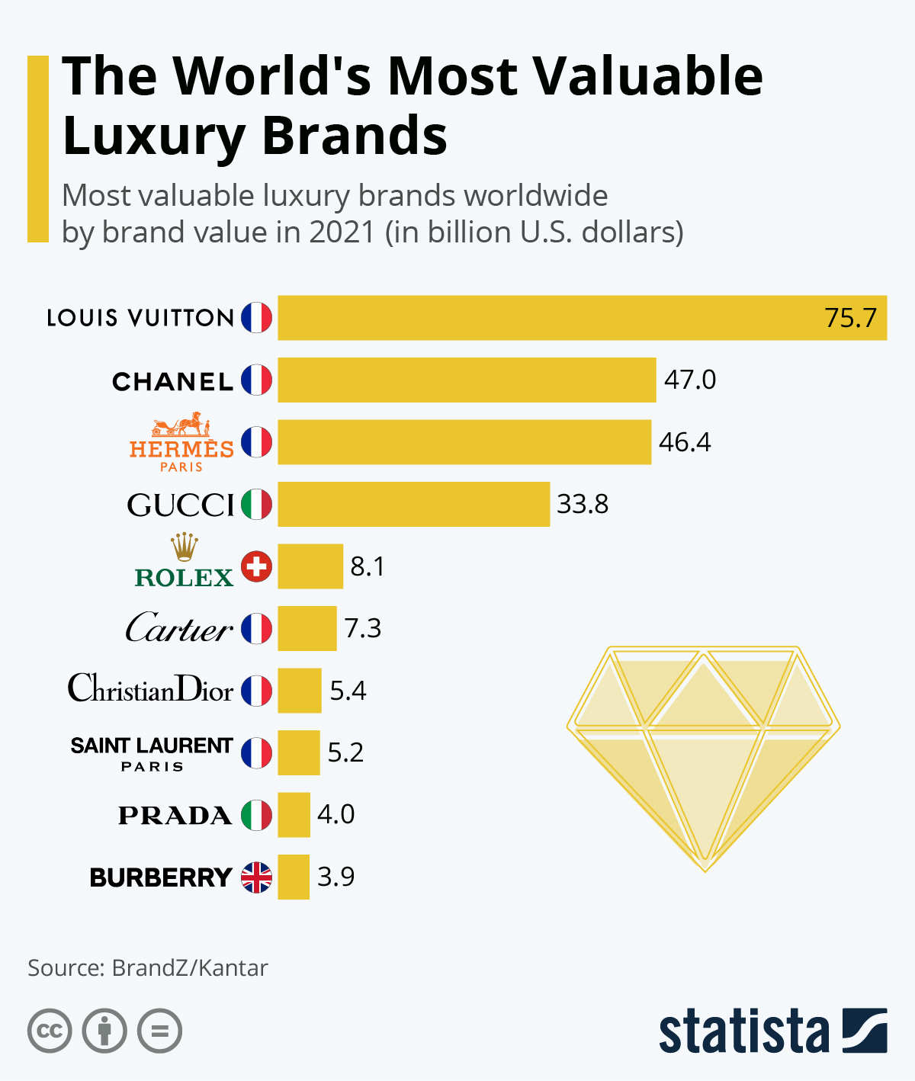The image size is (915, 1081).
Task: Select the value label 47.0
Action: pyautogui.click(x=690, y=380)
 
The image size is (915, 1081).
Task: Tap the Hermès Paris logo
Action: pyautogui.click(x=181, y=443)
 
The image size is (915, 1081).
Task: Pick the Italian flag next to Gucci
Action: pyautogui.click(x=257, y=504)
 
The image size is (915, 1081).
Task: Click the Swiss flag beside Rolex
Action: pyautogui.click(x=257, y=566)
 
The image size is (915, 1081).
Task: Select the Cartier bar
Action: pyautogui.click(x=307, y=628)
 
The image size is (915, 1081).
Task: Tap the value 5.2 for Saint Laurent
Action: pyautogui.click(x=345, y=752)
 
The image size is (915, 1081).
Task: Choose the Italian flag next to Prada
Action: pyautogui.click(x=257, y=815)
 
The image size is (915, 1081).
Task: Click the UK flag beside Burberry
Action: pyautogui.click(x=257, y=877)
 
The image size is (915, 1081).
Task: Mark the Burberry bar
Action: pyautogui.click(x=294, y=877)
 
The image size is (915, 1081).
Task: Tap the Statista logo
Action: pyautogui.click(x=772, y=1031)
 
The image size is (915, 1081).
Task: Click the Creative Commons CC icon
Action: pyautogui.click(x=50, y=1031)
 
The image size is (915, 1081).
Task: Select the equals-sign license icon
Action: pyautogui.click(x=159, y=1031)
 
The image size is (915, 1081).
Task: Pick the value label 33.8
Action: pyautogui.click(x=583, y=504)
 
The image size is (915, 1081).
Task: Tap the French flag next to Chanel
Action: pyautogui.click(x=257, y=380)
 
